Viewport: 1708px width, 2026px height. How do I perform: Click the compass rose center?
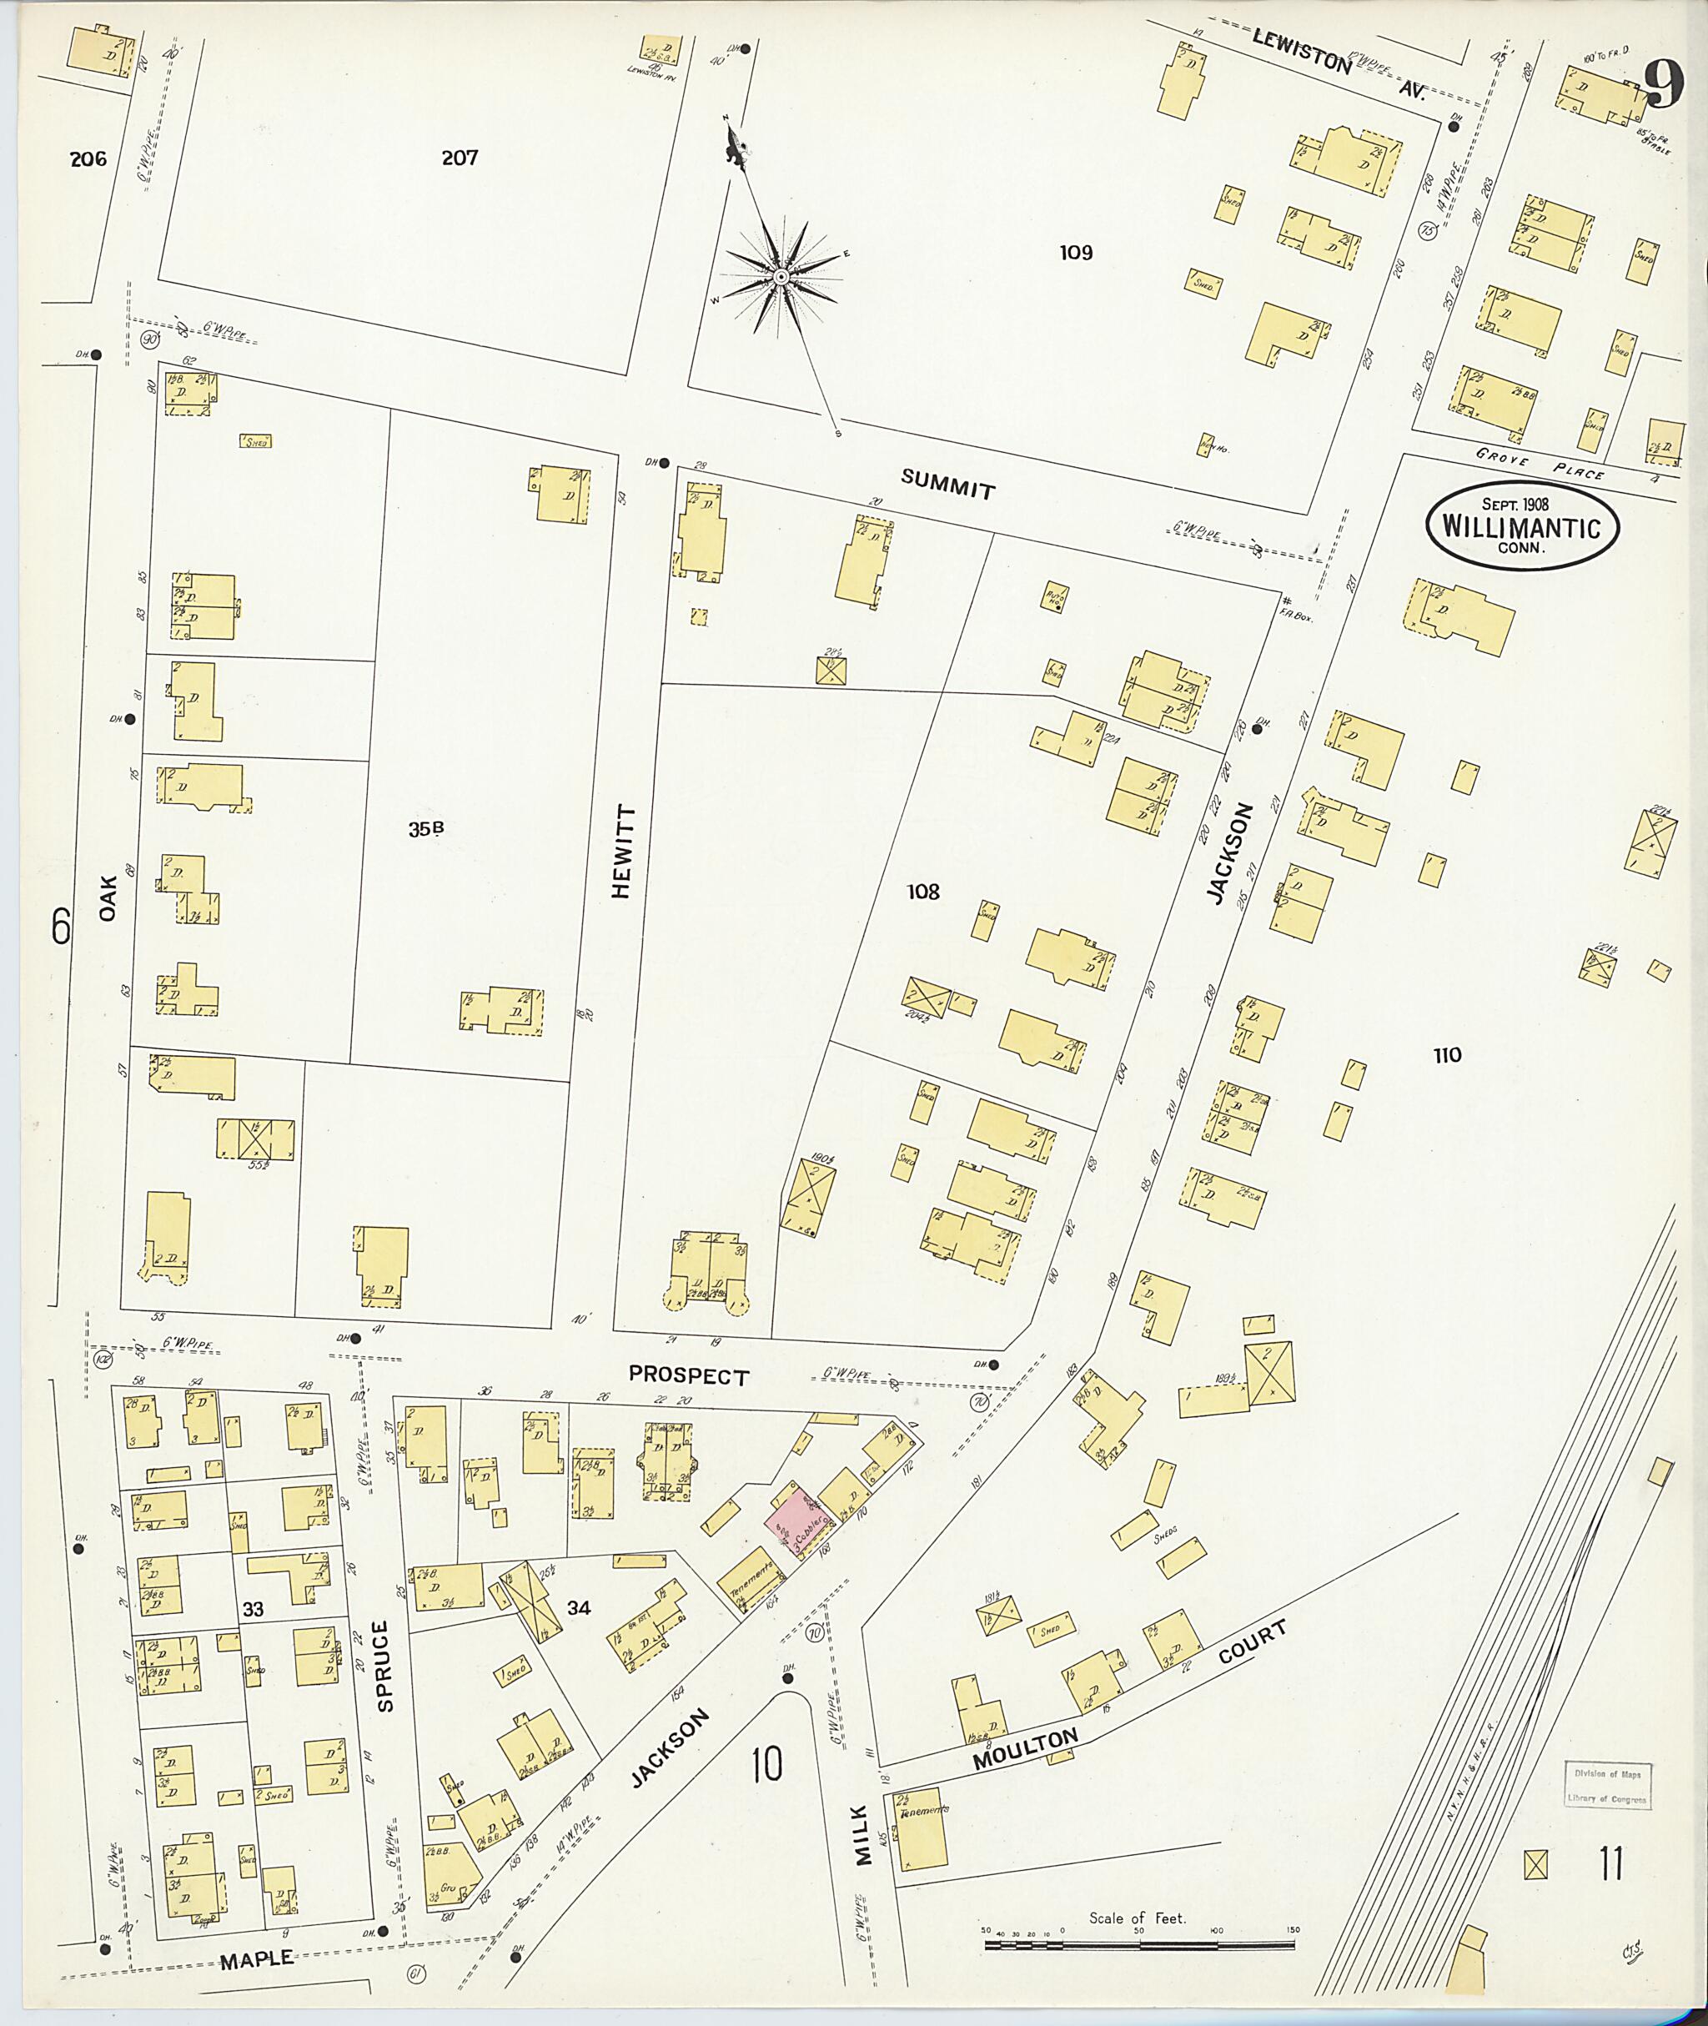(x=781, y=277)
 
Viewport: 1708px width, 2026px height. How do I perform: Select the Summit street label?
(x=947, y=483)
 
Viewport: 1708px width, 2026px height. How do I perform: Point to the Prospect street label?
(x=688, y=1375)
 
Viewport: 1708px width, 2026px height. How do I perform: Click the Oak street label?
(x=108, y=897)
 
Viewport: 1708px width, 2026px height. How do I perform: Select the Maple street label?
(x=257, y=1958)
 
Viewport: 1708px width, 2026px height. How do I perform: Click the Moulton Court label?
(x=1128, y=1696)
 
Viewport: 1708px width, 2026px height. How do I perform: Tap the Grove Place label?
(x=1540, y=463)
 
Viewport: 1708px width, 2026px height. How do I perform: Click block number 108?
(x=922, y=891)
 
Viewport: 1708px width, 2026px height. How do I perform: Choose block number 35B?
(x=426, y=828)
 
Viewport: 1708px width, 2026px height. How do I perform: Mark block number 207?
(x=460, y=157)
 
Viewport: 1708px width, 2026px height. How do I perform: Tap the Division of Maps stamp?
(x=1608, y=1786)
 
